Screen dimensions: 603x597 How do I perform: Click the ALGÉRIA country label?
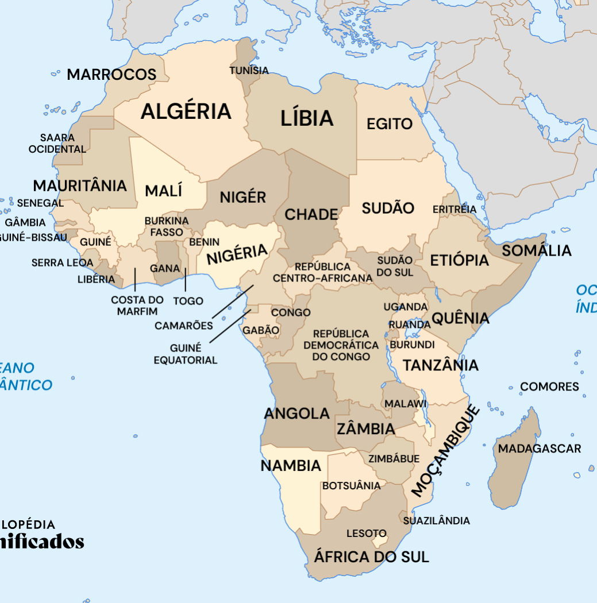pyautogui.click(x=186, y=111)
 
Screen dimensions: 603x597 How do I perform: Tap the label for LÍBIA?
pyautogui.click(x=307, y=118)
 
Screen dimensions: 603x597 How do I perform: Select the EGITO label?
pyautogui.click(x=390, y=124)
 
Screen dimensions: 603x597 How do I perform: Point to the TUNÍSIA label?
pyautogui.click(x=249, y=71)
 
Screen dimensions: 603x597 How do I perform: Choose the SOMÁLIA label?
pyautogui.click(x=536, y=251)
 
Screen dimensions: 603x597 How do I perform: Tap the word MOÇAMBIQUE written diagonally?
pyautogui.click(x=446, y=450)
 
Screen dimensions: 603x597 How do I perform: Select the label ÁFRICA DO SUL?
pyautogui.click(x=371, y=556)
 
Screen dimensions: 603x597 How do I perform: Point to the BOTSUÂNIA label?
pyautogui.click(x=351, y=486)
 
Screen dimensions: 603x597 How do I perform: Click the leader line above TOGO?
pyautogui.click(x=186, y=280)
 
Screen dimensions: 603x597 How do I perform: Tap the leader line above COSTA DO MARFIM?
pyautogui.click(x=135, y=279)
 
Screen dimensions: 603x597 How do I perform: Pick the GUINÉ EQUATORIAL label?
pyautogui.click(x=185, y=354)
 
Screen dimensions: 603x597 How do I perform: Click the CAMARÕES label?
pyautogui.click(x=184, y=326)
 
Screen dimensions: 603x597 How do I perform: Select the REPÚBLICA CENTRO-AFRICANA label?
pyautogui.click(x=322, y=273)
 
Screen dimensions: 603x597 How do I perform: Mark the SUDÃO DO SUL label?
pyautogui.click(x=395, y=266)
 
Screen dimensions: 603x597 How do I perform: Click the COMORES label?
pyautogui.click(x=549, y=386)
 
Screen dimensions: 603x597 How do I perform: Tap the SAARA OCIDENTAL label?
pyautogui.click(x=57, y=144)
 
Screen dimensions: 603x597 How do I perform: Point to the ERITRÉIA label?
pyautogui.click(x=454, y=209)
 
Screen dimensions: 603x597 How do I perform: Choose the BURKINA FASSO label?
pyautogui.click(x=167, y=227)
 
